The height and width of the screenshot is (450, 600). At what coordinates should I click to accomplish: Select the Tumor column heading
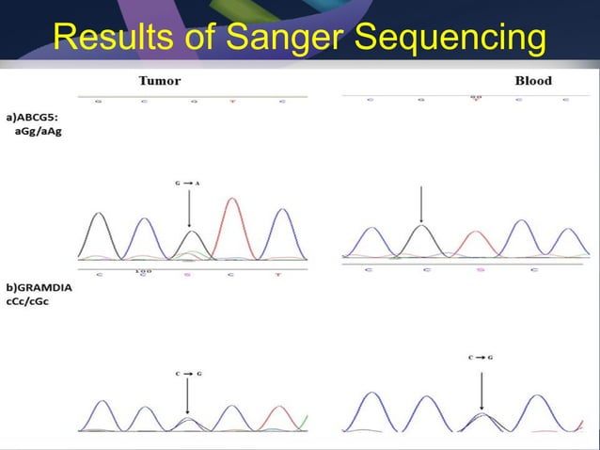160,81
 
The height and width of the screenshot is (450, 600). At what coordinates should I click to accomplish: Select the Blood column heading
533,81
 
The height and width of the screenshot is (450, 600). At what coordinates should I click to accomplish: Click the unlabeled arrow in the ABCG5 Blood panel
421,202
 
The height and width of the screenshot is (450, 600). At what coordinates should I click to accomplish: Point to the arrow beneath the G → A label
190,207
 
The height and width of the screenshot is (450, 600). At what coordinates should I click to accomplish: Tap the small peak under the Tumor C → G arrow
189,422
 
